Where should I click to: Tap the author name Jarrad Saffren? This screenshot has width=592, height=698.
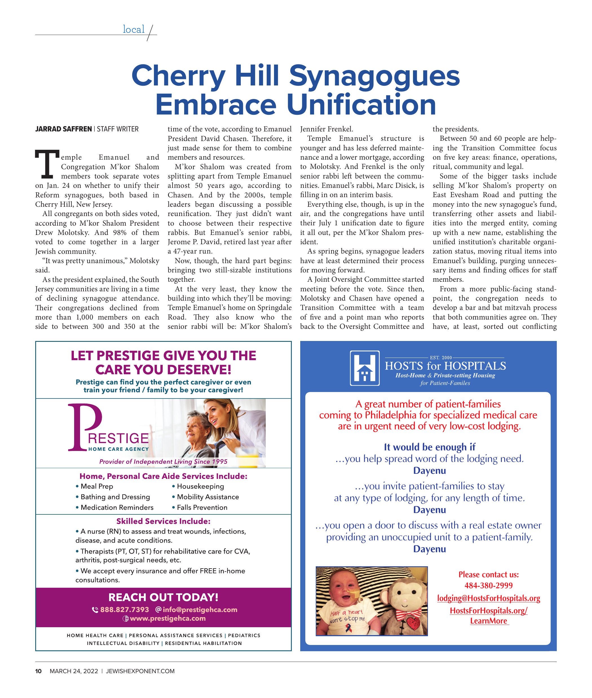pyautogui.click(x=63, y=129)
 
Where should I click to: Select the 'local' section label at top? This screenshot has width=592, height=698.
pyautogui.click(x=134, y=30)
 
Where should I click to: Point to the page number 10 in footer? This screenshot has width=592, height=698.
pyautogui.click(x=39, y=671)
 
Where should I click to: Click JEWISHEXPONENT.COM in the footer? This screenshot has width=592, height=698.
pyautogui.click(x=140, y=671)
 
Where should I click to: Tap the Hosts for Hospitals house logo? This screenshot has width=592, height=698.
pyautogui.click(x=365, y=368)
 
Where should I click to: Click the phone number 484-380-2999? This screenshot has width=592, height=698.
pyautogui.click(x=488, y=585)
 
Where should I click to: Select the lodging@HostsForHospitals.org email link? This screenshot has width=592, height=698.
pyautogui.click(x=488, y=598)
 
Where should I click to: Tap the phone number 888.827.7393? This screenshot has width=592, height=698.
pyautogui.click(x=124, y=610)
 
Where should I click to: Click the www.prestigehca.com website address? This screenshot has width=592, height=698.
pyautogui.click(x=167, y=618)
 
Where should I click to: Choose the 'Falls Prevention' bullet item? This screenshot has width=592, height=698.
pyautogui.click(x=202, y=507)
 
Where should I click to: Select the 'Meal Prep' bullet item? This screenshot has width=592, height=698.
pyautogui.click(x=97, y=486)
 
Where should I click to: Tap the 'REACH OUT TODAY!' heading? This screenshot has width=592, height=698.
pyautogui.click(x=163, y=597)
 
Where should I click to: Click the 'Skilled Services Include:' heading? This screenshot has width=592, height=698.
pyautogui.click(x=163, y=521)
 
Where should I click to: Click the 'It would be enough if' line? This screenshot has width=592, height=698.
pyautogui.click(x=429, y=447)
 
